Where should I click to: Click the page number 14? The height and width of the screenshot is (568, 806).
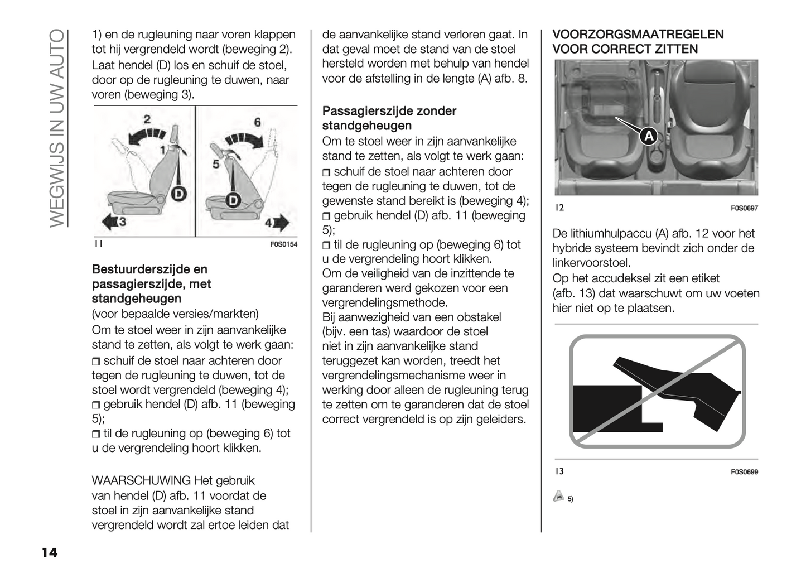pos(49,553)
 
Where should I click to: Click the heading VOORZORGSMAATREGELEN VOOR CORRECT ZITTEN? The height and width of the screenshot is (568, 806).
pos(638,42)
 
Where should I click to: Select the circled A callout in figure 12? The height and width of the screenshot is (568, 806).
pos(648,136)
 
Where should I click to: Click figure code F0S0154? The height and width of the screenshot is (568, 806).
pos(283,244)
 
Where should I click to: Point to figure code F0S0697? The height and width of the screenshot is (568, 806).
pos(744,209)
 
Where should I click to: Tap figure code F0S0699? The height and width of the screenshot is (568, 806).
pos(744,472)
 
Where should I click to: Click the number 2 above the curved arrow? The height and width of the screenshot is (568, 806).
pos(147,119)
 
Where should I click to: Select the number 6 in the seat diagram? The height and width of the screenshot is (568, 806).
pos(257,122)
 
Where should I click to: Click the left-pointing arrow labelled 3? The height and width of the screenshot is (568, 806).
pos(113,223)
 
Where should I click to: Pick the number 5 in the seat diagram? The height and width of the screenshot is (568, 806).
pos(215,164)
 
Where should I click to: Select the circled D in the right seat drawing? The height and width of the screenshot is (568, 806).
pos(233,200)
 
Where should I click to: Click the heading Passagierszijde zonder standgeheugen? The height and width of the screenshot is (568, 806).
pos(389,118)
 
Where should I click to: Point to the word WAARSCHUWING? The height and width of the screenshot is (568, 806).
pos(141,480)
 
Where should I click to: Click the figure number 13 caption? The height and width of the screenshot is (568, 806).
pos(559,471)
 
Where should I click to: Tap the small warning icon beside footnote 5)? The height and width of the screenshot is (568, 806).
pos(558,496)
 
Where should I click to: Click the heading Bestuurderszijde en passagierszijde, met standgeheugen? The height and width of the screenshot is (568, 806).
pos(151,284)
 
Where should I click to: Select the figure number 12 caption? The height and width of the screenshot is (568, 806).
pos(559,208)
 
